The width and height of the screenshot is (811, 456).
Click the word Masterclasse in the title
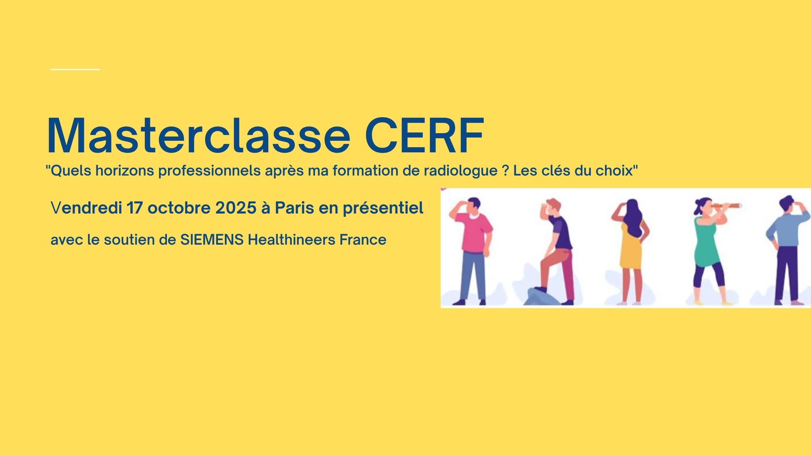[198, 135]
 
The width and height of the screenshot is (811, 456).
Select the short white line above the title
[75, 69]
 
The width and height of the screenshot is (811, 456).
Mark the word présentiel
[383, 209]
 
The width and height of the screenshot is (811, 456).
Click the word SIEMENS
[212, 240]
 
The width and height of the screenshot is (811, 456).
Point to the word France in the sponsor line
[363, 240]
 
